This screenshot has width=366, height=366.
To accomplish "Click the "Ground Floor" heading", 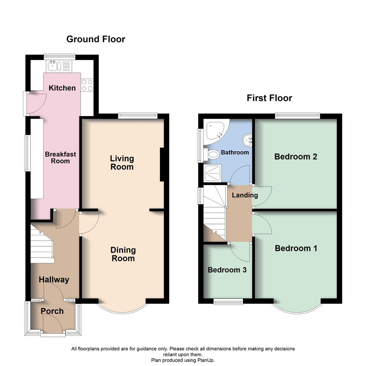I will point(96,39).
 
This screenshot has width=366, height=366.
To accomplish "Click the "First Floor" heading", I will point(269,98).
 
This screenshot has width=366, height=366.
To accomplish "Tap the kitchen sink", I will point(54,65).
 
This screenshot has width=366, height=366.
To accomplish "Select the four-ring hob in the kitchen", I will point(87,85).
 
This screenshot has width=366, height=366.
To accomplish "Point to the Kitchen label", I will point(62,88).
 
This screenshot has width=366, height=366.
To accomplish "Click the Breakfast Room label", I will point(60,158).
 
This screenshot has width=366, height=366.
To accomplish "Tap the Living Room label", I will point(122,163).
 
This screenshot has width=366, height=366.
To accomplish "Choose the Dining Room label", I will point(123,254).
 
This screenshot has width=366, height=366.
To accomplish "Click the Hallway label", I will point(54,280).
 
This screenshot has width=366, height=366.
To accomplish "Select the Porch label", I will point(52,311).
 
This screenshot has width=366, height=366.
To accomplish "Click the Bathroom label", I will point(235,152).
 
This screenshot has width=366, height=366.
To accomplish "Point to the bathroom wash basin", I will point(247,139).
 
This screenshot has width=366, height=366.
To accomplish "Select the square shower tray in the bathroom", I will point(212,174).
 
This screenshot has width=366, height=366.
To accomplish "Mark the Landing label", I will point(245,195).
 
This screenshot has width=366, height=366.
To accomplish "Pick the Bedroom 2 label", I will point(296,157).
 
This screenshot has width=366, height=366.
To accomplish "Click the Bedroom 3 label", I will point(227,270).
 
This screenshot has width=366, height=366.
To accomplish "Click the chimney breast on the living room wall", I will point(162,164).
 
